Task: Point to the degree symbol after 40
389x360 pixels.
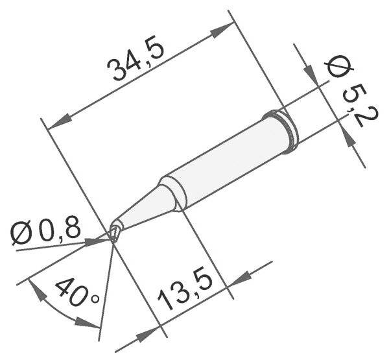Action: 95,299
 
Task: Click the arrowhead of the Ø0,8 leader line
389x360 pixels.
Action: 99,240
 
